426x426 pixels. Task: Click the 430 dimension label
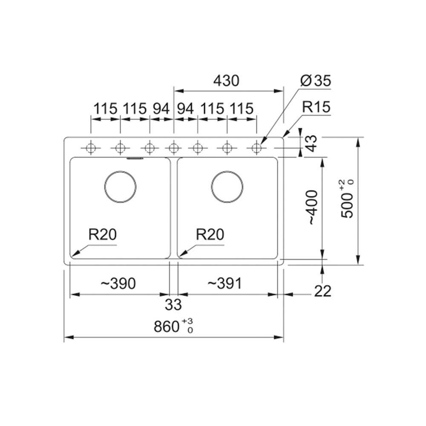click(226, 81)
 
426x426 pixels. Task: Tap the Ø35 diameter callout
click(316, 81)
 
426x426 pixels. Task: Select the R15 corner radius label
click(317, 107)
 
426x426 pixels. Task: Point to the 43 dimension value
click(312, 143)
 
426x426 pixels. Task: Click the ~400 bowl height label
click(312, 207)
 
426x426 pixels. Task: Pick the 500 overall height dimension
click(348, 199)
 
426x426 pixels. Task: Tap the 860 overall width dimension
click(173, 326)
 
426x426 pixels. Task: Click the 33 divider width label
click(173, 304)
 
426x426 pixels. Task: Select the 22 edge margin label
click(323, 291)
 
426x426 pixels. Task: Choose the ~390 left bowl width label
click(118, 284)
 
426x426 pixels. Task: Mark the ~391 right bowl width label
click(225, 284)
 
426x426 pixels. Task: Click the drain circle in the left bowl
click(120, 187)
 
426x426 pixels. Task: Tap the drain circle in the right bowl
click(227, 187)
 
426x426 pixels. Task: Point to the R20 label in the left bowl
click(102, 234)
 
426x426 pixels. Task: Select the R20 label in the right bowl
click(210, 234)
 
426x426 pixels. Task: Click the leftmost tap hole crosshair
click(91, 148)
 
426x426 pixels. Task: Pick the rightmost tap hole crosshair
click(256, 148)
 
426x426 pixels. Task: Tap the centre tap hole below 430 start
click(174, 148)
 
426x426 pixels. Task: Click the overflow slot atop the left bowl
click(135, 158)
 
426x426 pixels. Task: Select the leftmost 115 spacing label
click(105, 109)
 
